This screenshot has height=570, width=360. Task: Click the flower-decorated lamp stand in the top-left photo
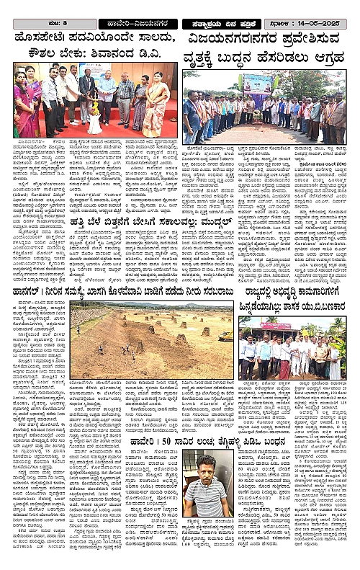point(94,115)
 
